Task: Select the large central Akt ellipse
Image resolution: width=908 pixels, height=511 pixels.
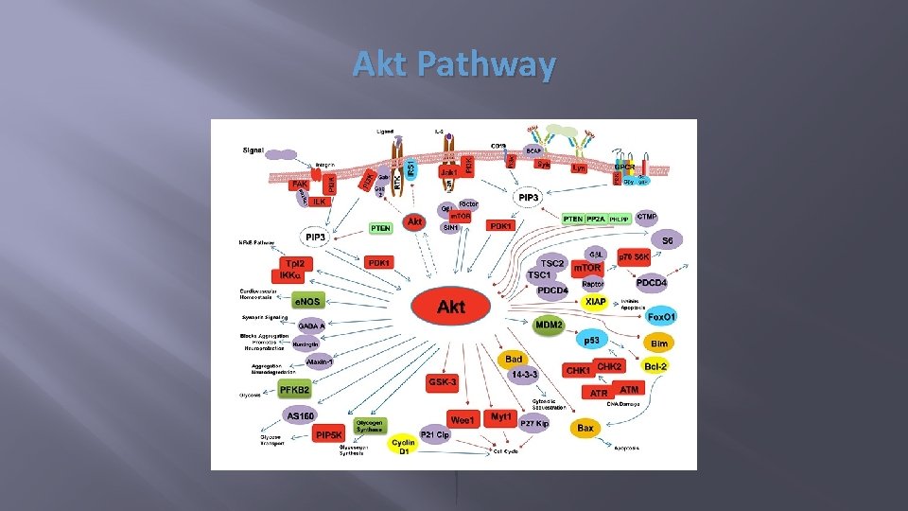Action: pos(451,306)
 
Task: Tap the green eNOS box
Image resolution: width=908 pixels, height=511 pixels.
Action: pos(306,300)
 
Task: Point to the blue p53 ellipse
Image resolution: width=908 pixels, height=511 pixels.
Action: pos(591,340)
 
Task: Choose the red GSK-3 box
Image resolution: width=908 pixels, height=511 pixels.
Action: pos(443,382)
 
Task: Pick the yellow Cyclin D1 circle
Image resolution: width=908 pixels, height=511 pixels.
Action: pos(404,445)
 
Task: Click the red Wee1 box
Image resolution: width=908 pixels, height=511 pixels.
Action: pos(463,419)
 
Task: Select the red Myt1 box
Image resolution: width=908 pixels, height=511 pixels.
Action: pos(501,416)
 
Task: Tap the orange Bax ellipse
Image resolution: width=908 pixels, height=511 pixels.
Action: pos(586,429)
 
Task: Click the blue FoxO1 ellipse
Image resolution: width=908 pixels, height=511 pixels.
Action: pos(662,315)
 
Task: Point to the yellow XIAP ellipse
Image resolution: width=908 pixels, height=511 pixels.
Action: pos(595,301)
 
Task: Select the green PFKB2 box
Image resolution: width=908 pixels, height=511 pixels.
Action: pos(294,389)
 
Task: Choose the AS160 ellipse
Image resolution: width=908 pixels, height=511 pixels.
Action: pos(301,415)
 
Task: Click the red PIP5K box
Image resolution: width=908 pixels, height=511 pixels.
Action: pos(329,434)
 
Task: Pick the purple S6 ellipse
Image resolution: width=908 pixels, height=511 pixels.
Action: pos(668,240)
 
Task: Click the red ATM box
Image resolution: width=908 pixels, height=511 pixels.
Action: pos(628,388)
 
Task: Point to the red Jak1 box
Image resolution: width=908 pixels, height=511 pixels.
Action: pos(449,173)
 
